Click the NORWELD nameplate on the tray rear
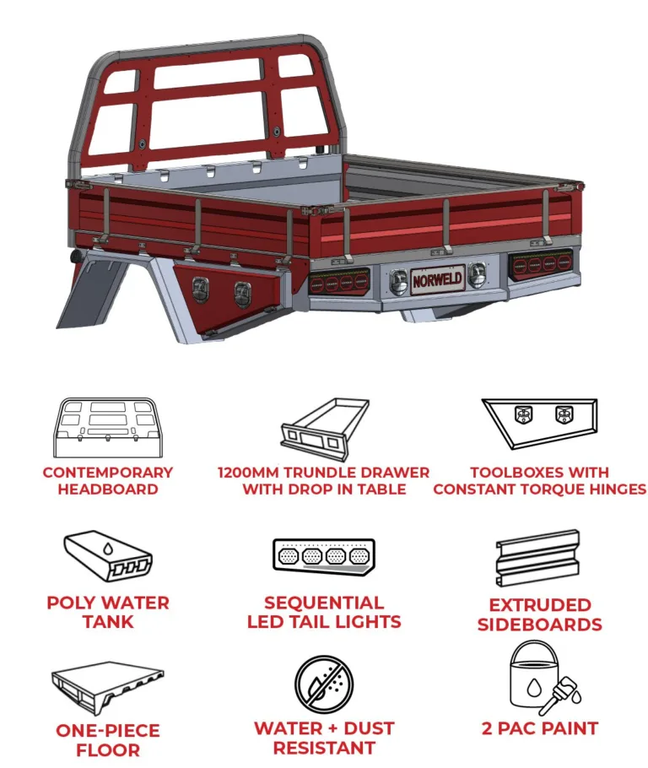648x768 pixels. pos(437,279)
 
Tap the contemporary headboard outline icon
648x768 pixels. pos(108,428)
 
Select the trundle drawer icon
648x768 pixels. pos(325,430)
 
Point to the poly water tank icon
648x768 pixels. pos(108,556)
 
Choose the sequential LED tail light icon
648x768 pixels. pos(324,556)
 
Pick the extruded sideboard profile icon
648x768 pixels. pos(537,559)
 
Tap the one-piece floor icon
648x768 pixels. pos(108,688)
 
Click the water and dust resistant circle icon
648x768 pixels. pos(324,684)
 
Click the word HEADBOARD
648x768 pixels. pos(108,489)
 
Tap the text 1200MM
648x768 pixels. pos(248,473)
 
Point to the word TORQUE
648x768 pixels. pos(564,489)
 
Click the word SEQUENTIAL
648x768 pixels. pos(324,603)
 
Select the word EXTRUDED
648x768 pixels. pos(540,605)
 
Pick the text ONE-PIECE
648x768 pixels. pos(108,731)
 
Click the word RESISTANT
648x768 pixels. pos(324,749)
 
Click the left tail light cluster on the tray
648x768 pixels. pos(339,282)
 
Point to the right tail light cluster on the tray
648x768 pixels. pos(540,266)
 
